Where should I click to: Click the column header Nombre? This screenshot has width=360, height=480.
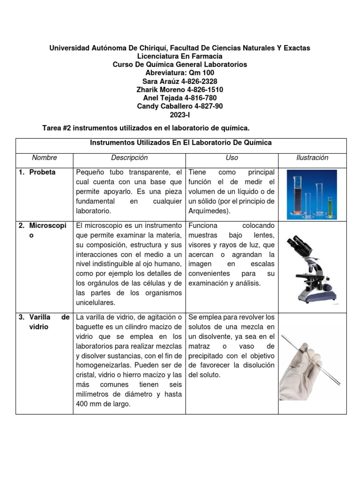coord(45,158)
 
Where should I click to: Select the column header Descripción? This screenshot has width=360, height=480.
coord(129,158)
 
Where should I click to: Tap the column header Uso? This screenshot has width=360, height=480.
coord(232,158)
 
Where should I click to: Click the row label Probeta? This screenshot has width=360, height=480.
coord(42,172)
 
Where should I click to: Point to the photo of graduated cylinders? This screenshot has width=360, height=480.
coord(312,194)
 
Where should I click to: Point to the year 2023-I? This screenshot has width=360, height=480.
coord(180,115)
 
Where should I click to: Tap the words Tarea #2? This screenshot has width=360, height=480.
coord(57,127)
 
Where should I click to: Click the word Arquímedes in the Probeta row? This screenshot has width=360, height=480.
coord(208,211)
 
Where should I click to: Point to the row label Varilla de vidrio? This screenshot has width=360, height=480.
coord(44,322)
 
